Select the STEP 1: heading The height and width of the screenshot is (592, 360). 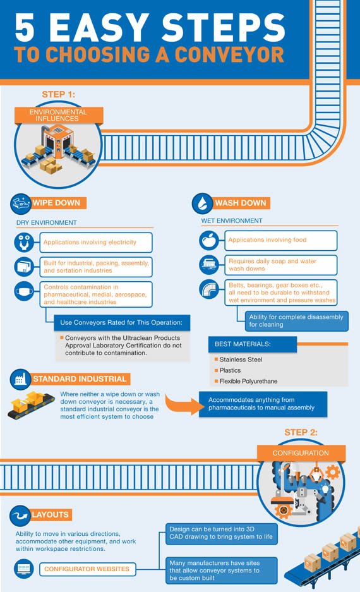pos(59,94)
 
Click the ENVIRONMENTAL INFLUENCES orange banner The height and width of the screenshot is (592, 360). pos(59,115)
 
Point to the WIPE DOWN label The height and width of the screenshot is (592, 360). pos(56,203)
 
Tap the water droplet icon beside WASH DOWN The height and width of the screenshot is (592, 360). pos(202,203)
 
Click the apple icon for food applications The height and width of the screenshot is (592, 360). pos(209,240)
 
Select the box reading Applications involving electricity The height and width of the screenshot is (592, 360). pos(96,243)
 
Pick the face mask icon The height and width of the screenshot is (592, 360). pos(24,291)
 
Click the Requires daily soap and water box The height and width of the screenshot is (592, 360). pos(281,265)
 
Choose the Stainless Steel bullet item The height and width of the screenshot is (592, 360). pos(239,359)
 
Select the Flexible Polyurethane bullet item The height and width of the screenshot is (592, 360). pos(246,382)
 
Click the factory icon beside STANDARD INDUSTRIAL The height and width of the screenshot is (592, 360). pos(20,379)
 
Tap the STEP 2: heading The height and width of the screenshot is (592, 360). pos(301,432)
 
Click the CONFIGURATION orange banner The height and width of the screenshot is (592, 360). pos(301,453)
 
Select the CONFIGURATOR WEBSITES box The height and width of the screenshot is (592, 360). pos(87,569)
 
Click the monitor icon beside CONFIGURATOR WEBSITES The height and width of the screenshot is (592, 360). pos(24,569)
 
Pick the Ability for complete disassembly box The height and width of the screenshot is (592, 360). pos(296,321)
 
